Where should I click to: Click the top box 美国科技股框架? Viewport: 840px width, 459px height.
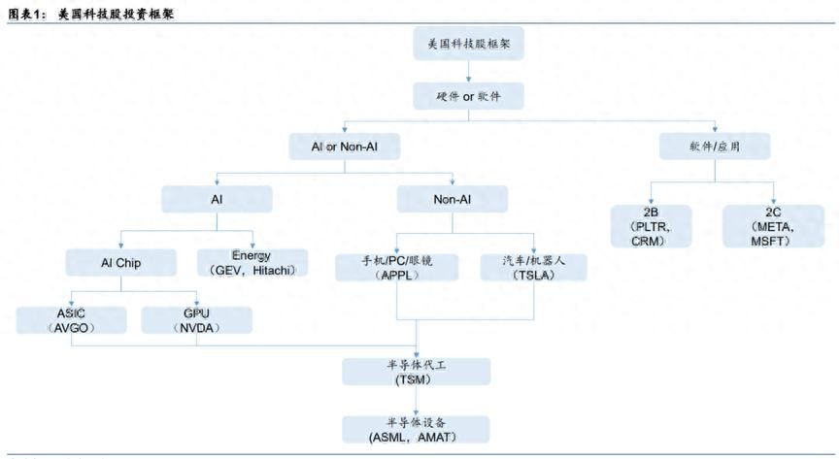pyautogui.click(x=469, y=45)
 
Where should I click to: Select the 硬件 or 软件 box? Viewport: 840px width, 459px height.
pyautogui.click(x=469, y=95)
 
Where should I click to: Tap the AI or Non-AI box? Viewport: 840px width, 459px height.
pyautogui.click(x=344, y=147)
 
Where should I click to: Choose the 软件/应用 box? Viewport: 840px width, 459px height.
pyautogui.click(x=716, y=147)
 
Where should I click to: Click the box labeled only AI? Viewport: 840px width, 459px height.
pyautogui.click(x=217, y=198)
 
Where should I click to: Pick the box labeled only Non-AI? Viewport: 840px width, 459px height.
pyautogui.click(x=453, y=198)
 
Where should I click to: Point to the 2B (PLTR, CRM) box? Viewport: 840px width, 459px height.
pyautogui.click(x=652, y=226)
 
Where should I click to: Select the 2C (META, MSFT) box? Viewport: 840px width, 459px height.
pyautogui.click(x=772, y=226)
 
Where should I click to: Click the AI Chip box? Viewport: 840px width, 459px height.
pyautogui.click(x=120, y=262)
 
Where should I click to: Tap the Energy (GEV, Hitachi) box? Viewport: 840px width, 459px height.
pyautogui.click(x=252, y=262)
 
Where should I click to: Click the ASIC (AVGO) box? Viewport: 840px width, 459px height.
pyautogui.click(x=72, y=320)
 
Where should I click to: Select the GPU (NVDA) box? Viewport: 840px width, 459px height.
pyautogui.click(x=197, y=320)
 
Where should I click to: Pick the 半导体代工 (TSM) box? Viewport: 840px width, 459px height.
pyautogui.click(x=416, y=372)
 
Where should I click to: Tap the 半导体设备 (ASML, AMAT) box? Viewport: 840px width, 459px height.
pyautogui.click(x=416, y=429)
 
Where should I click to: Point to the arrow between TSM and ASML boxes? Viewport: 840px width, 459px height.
pyautogui.click(x=416, y=401)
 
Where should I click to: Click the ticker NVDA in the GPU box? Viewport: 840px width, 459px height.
pyautogui.click(x=198, y=328)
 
